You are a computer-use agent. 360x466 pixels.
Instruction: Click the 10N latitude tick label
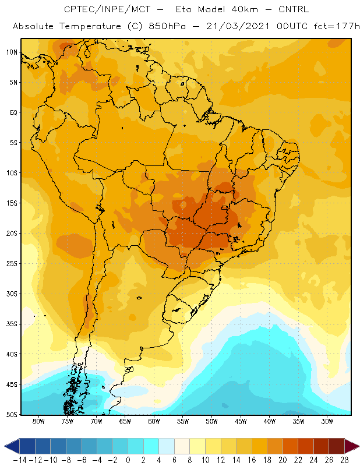pos(12,52)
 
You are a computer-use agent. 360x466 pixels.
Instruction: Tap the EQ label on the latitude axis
pos(13,112)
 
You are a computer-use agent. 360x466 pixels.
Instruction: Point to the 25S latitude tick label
pos(12,264)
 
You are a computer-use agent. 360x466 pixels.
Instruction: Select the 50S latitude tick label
pos(12,415)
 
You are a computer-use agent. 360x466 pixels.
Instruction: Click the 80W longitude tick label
pos(38,421)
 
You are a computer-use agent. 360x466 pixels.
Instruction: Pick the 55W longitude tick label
pos(183,421)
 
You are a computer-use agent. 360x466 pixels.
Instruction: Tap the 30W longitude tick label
pos(327,421)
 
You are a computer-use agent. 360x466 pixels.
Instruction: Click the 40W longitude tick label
pos(269,421)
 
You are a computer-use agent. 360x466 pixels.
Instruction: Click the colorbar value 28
pos(344,460)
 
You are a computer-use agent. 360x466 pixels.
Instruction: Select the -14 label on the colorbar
pos(20,460)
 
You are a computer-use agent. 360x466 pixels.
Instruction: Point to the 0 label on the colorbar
pos(128,460)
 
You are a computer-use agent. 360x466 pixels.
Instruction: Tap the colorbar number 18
pos(267,460)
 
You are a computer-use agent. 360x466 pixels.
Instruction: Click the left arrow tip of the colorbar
pos(5,446)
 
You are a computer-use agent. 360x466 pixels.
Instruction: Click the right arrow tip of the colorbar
pos(359,446)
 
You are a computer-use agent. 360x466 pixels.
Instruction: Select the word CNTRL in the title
pos(294,9)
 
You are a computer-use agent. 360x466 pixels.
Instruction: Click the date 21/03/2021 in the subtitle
pos(238,26)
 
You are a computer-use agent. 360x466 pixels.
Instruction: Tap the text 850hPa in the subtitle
pos(167,26)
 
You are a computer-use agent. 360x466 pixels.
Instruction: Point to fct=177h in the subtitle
pos(337,26)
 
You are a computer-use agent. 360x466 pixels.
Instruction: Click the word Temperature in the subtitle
pos(90,26)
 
